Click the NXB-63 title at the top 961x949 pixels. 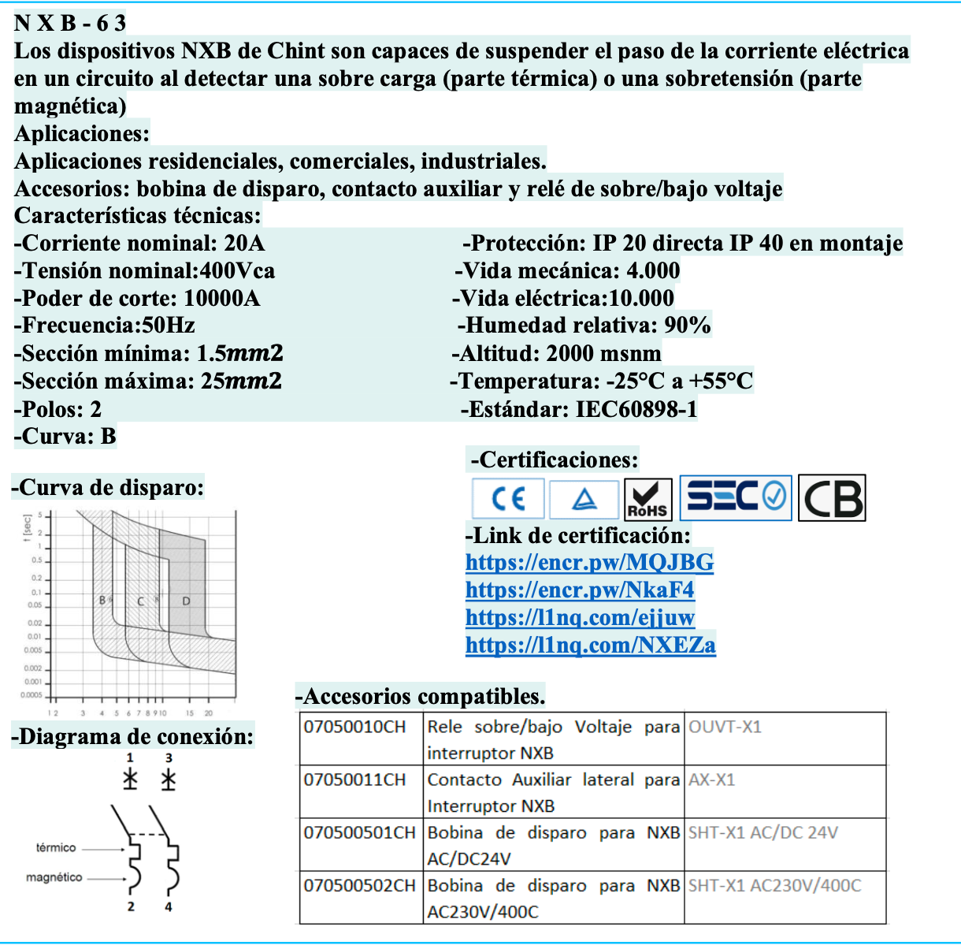[x=70, y=23]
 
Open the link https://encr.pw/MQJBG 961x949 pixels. [x=589, y=562]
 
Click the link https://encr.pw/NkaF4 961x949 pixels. [x=580, y=590]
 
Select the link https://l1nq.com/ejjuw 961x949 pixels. [x=580, y=617]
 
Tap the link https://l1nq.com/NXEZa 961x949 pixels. [x=590, y=645]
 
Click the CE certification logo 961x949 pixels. [x=508, y=498]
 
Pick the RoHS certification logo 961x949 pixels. [x=647, y=499]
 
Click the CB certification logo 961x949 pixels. [x=832, y=498]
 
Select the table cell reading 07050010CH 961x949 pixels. [x=354, y=727]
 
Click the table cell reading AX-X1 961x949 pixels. [x=711, y=780]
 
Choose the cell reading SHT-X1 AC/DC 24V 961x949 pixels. [x=762, y=833]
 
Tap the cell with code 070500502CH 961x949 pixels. [x=359, y=886]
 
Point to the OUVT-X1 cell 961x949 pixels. [x=725, y=727]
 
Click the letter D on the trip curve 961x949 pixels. [x=187, y=601]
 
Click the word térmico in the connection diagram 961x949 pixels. [x=56, y=848]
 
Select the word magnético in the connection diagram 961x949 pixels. [x=54, y=877]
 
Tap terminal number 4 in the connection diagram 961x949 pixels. [x=169, y=907]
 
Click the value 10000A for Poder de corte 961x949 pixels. [x=221, y=299]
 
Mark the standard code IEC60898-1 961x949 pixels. [x=636, y=409]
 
